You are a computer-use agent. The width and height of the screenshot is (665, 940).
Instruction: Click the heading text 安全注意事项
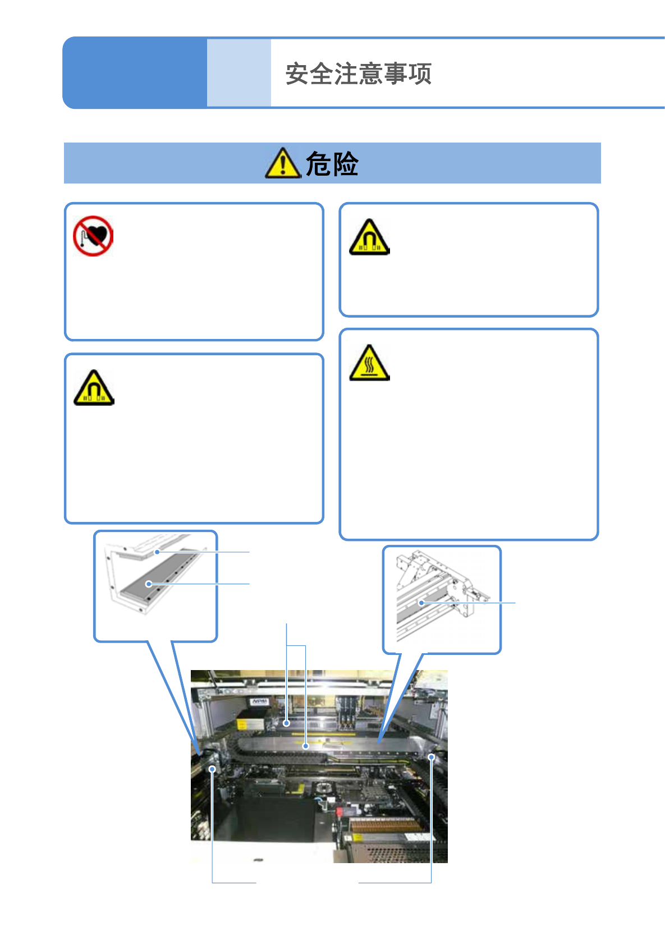358,74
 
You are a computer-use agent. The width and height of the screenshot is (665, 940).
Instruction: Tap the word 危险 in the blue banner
332,164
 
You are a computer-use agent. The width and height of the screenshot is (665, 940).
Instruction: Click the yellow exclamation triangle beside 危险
282,163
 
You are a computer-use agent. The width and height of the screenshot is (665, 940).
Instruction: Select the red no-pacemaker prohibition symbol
93,236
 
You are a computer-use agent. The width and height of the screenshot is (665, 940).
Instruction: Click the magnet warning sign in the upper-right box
369,238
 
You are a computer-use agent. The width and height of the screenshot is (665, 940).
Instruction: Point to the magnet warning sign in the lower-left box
94,388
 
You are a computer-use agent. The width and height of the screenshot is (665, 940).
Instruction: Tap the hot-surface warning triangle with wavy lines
369,364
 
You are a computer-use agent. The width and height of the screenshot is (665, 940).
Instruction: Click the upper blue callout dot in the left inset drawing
158,552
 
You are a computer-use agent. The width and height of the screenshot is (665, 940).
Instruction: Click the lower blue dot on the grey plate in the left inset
149,584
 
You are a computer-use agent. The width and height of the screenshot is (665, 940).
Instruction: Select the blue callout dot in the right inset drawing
421,603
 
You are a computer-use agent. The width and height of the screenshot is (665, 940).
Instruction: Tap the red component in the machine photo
340,812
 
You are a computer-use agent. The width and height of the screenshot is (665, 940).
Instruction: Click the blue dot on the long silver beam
306,746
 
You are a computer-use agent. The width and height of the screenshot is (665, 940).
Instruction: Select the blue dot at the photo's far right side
432,757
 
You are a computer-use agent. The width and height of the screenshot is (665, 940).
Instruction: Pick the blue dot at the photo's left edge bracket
213,769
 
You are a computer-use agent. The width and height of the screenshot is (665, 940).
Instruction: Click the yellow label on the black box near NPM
242,725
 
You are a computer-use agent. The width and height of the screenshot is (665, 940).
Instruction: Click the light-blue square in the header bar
239,73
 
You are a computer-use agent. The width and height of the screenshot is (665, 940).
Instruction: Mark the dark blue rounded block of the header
135,73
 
